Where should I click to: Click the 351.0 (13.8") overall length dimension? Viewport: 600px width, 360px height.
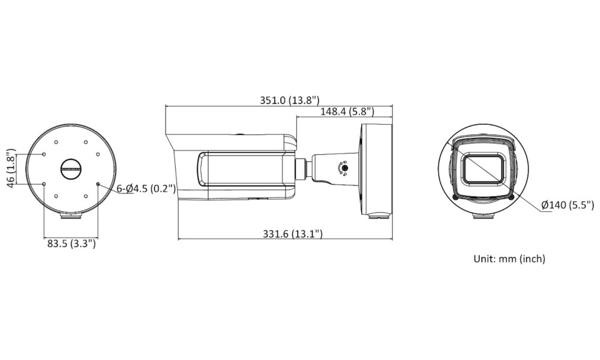pos(289,100)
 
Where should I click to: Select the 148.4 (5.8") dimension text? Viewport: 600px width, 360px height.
pos(347,112)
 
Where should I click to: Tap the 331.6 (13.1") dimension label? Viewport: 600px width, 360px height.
pos(292,233)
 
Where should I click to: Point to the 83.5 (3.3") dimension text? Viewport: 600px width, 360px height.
pos(71,244)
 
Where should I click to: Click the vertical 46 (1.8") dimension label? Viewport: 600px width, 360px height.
pos(11,168)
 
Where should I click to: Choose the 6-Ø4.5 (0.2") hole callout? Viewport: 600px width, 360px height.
pos(146,188)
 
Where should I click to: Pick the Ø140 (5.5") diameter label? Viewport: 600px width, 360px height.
pos(568,205)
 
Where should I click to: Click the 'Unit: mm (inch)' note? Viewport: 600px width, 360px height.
pos(509,259)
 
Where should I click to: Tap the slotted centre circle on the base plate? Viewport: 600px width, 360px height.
pos(71,169)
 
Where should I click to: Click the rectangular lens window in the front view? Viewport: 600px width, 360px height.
pos(484,169)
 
